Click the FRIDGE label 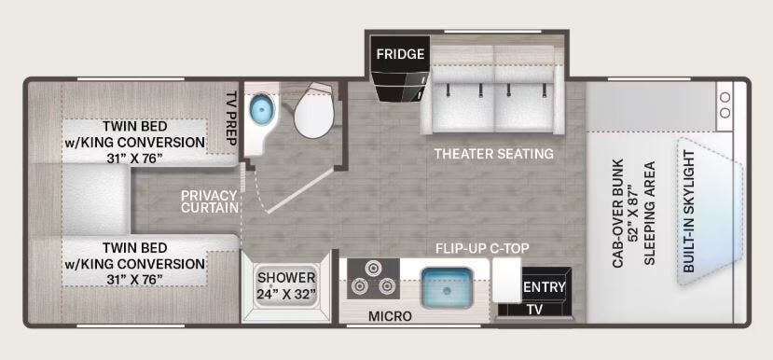(x=401, y=54)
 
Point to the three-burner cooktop (x=373, y=280)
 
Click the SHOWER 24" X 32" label (x=286, y=285)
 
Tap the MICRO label (x=390, y=317)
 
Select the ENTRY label (x=544, y=287)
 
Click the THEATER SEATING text (x=493, y=153)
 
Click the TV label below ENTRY (x=533, y=309)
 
